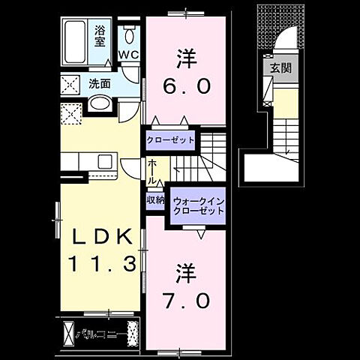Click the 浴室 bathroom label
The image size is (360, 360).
point(100,37)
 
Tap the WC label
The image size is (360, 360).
point(129,55)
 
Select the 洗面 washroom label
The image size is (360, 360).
point(99,83)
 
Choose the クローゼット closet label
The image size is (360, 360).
point(170,140)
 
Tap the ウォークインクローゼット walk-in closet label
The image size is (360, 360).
point(198,206)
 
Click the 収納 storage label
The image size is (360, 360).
point(155,200)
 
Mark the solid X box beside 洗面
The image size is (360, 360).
point(72,83)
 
